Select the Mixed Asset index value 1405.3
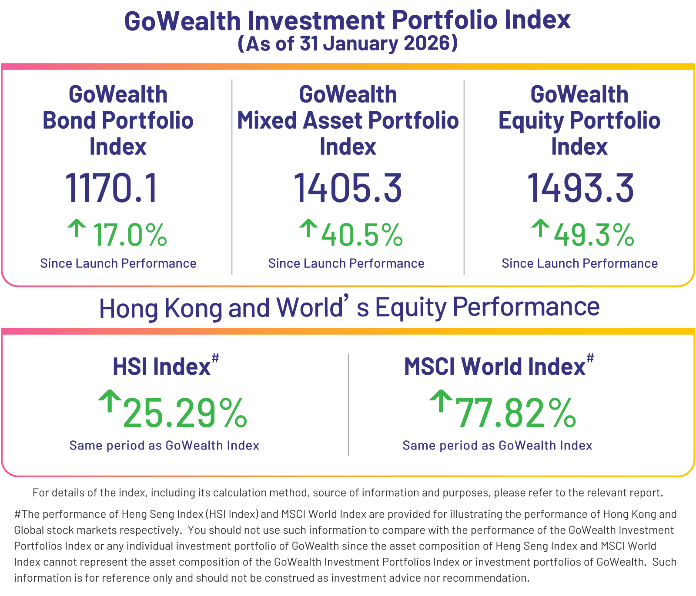(348, 188)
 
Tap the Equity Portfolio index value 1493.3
(580, 188)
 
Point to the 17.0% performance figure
(130, 235)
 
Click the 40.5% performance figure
(362, 235)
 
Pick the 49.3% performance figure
(594, 235)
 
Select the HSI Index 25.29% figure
(185, 413)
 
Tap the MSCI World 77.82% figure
(515, 413)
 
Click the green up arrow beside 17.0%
(77, 228)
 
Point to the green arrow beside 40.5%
(308, 228)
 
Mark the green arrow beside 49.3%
(540, 228)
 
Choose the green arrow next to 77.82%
(441, 400)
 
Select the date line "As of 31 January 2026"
(348, 43)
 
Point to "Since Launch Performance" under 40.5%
(346, 263)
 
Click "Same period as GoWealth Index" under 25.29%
(164, 446)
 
